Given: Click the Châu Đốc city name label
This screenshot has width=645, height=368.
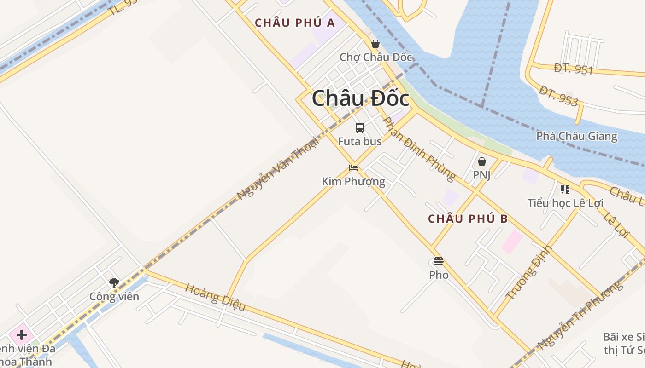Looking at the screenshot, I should (x=360, y=98).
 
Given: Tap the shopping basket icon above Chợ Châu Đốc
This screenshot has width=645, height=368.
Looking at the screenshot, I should (x=375, y=44).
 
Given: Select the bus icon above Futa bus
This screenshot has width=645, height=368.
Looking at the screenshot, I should (x=360, y=128).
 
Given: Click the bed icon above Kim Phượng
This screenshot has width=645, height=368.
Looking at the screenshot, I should (x=353, y=168).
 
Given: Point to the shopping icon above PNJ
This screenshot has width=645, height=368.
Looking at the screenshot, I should (x=481, y=161).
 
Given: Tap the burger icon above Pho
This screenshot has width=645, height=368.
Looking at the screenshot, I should (x=438, y=262).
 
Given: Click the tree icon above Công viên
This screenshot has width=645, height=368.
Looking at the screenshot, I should (x=114, y=283).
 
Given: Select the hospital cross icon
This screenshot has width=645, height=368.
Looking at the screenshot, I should (x=21, y=334).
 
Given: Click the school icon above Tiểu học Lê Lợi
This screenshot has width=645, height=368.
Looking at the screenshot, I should (x=565, y=189).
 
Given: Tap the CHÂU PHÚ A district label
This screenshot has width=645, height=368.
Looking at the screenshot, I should (x=295, y=23).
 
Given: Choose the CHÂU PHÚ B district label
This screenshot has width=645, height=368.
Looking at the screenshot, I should (x=468, y=219).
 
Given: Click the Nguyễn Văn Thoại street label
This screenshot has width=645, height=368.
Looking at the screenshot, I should (x=277, y=169).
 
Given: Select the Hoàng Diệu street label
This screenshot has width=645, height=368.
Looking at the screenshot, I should (x=215, y=297).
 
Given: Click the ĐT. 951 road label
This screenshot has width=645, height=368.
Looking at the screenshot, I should (x=573, y=69).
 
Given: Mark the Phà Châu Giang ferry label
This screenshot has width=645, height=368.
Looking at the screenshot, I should (x=576, y=136).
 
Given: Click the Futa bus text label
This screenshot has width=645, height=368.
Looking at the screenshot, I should (x=360, y=141).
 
